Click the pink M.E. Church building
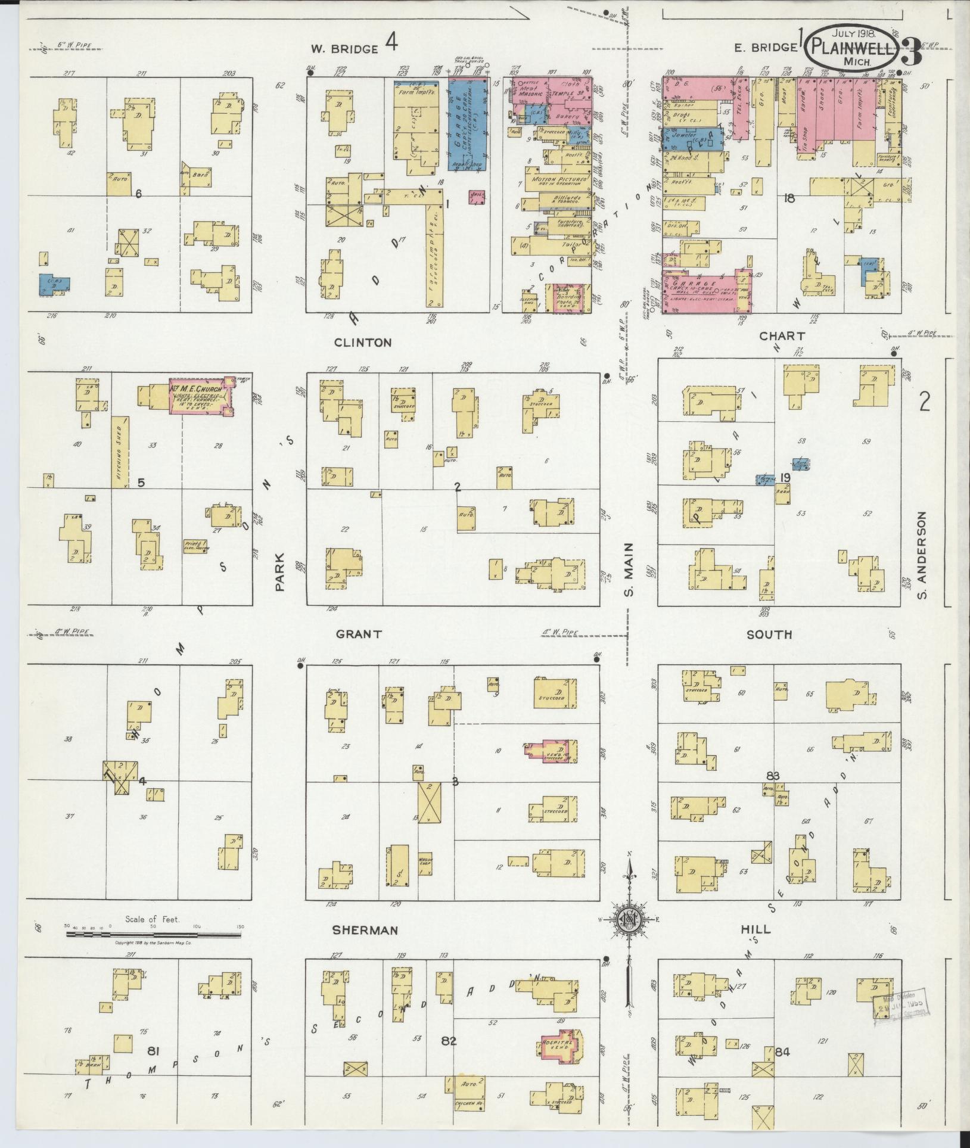pyautogui.click(x=200, y=396)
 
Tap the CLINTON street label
pyautogui.click(x=363, y=343)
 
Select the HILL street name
pyautogui.click(x=756, y=929)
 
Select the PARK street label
pyautogui.click(x=281, y=573)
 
